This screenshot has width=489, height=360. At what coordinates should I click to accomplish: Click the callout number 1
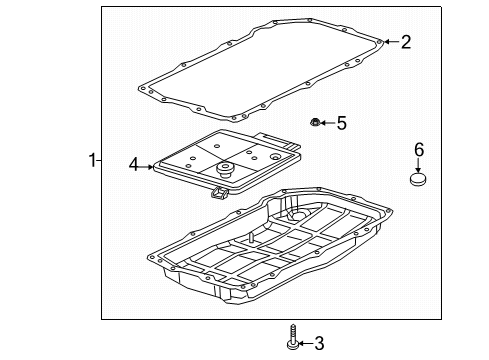point(93,160)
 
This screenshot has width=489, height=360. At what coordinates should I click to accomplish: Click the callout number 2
point(406,42)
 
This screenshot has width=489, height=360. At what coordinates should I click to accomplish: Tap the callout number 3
point(319,344)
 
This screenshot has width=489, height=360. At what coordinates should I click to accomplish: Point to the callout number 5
point(340,123)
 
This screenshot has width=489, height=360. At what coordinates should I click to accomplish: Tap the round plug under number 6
point(419,181)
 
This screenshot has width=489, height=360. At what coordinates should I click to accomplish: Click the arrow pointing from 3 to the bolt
point(306,344)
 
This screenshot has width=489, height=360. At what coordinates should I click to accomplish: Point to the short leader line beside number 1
point(102,160)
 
